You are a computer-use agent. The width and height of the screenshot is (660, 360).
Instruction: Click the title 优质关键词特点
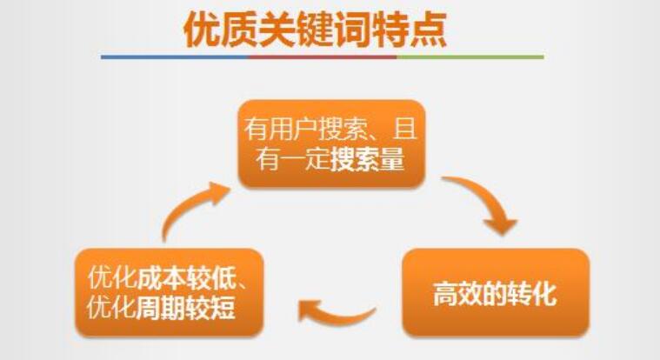point(315,29)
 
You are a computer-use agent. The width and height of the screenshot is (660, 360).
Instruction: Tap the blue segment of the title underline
point(175,57)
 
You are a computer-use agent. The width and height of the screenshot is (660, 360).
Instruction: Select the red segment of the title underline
point(323,57)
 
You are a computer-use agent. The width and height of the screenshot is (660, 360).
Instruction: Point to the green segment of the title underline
point(470,57)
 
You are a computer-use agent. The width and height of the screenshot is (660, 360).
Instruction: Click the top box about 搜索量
point(331,143)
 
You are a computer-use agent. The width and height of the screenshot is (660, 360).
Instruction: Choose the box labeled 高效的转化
point(496,293)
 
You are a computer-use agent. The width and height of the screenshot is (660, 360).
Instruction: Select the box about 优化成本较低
point(169,293)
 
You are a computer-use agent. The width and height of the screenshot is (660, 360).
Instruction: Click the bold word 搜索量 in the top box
point(368,160)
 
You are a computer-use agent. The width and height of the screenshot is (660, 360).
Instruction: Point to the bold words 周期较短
point(185,308)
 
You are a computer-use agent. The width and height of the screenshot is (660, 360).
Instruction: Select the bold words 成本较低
point(186,277)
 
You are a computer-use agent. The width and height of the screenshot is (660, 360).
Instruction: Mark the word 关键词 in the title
point(316,29)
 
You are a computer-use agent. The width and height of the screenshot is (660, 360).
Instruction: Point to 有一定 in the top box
point(293,160)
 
